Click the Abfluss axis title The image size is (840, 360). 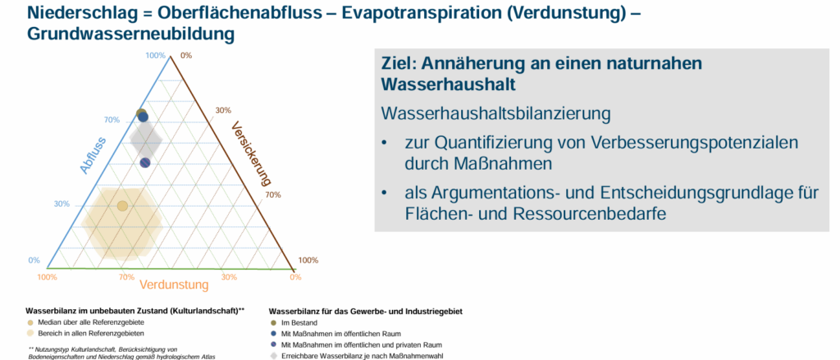(x=93, y=156)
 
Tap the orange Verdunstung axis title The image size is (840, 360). (x=174, y=285)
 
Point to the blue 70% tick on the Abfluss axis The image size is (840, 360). (x=112, y=120)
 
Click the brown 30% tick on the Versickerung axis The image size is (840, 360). (x=223, y=111)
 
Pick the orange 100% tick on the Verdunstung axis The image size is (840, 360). (x=47, y=277)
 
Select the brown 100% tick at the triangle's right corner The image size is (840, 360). (x=308, y=260)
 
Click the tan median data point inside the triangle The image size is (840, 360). (x=122, y=206)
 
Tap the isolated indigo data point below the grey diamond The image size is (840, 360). (x=145, y=162)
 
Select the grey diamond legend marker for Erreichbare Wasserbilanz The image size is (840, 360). (x=273, y=355)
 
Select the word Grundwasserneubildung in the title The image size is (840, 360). (x=130, y=34)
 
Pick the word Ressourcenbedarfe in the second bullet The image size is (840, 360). (x=589, y=213)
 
